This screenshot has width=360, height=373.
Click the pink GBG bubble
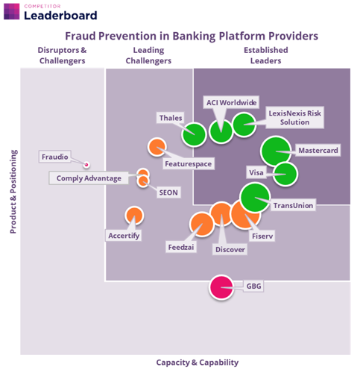[x=221, y=287]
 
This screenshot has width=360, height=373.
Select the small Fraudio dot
[x=86, y=164]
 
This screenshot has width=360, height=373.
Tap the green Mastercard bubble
[x=276, y=151]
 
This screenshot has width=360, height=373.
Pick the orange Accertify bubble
[x=134, y=216]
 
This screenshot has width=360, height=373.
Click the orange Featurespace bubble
[x=157, y=147]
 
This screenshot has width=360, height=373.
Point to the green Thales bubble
[x=194, y=134]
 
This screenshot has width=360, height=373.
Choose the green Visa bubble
[x=285, y=174]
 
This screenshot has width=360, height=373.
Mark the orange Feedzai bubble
[x=202, y=225]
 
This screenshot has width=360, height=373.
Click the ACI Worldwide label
[x=232, y=102]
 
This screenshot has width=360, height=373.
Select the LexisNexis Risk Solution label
[x=294, y=118]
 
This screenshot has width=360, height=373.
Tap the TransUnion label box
[x=293, y=205]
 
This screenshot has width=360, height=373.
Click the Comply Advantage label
[x=89, y=178]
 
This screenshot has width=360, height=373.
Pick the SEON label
[x=168, y=192]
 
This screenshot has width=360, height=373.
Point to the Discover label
[x=230, y=249]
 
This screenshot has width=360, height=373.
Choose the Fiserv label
[x=262, y=236]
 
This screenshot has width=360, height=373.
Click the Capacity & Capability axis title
[x=198, y=363]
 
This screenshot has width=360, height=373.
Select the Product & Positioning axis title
[x=13, y=192]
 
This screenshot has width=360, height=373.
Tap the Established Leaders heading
[x=266, y=55]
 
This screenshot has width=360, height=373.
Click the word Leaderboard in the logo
[x=60, y=16]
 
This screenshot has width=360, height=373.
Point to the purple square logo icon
[x=12, y=11]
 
